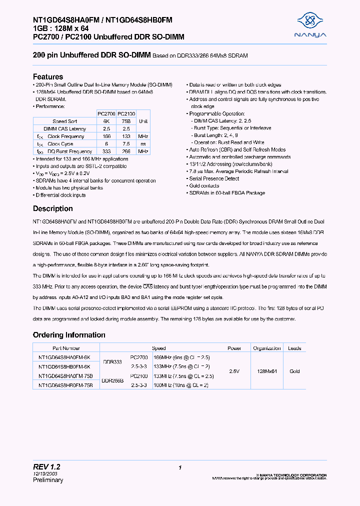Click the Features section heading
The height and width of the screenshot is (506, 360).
48,77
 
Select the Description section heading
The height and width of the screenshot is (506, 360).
52,208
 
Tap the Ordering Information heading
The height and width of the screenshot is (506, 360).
69,335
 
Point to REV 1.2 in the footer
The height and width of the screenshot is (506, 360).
46,466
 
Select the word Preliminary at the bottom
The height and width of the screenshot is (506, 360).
48,480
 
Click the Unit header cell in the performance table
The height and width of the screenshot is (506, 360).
143,121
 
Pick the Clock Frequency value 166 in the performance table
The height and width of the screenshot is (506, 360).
106,136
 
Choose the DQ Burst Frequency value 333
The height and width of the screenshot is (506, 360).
106,151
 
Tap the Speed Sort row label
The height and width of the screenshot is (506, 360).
65,121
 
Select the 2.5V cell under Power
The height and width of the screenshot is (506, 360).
234,371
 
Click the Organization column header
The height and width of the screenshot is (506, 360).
267,348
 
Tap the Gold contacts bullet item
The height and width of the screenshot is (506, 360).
203,185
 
